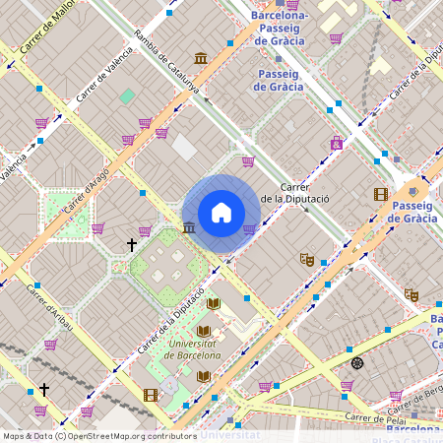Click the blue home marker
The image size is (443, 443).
221,213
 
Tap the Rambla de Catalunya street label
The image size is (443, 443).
166,63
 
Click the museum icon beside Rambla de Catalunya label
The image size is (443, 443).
201,58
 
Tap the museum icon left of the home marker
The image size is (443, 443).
188,228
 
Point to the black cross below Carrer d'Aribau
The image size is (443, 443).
43,390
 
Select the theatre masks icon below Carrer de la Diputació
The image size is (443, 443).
307,260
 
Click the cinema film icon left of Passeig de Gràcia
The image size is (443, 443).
380,194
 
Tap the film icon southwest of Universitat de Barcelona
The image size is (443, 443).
150,395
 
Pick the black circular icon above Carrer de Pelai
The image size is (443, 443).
357,363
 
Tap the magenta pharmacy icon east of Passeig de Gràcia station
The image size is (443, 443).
337,143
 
